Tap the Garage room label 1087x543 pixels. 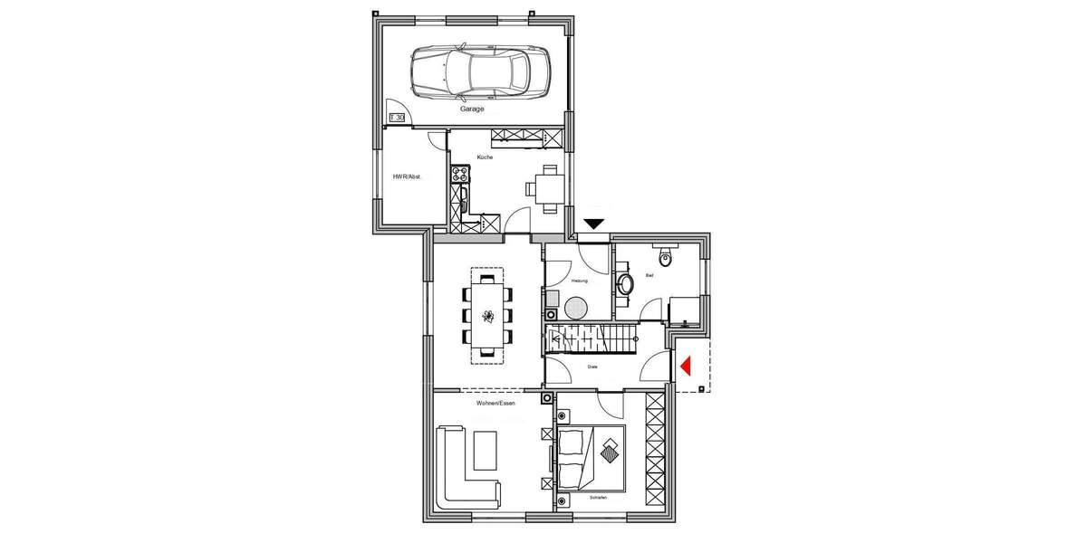(472, 109)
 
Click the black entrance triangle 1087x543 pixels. (594, 224)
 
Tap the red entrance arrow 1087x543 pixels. (686, 365)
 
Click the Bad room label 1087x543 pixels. (649, 274)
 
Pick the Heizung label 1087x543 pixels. (580, 281)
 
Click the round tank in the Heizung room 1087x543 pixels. (576, 309)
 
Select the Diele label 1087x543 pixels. (592, 367)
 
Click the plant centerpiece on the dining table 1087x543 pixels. (487, 316)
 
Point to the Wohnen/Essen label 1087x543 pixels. (495, 403)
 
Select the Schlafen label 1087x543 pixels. (596, 498)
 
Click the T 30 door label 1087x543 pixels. (397, 118)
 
